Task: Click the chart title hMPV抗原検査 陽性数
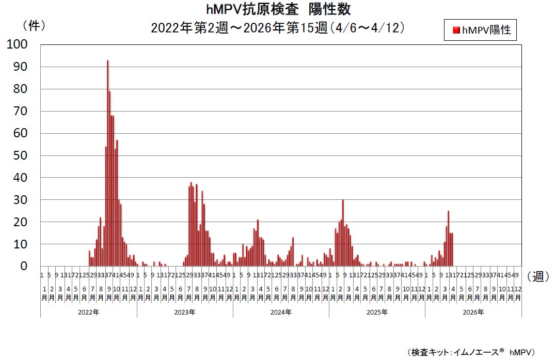point(277,10)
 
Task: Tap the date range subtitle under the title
point(277,27)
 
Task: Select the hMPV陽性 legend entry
point(481,30)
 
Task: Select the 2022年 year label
point(89,312)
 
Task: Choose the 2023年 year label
point(185,312)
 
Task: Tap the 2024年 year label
point(281,312)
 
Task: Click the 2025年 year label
point(377,312)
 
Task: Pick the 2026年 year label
point(473,312)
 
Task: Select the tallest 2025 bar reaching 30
point(343,233)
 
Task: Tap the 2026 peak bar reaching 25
point(448,239)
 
